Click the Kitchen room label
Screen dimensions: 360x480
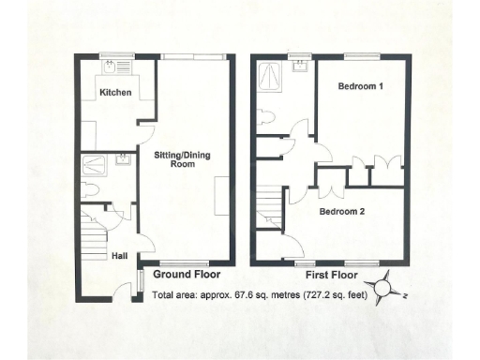coord(116,93)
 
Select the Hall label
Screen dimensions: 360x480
coord(121,254)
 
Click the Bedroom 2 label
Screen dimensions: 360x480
coord(342,211)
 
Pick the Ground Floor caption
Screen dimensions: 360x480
coord(186,275)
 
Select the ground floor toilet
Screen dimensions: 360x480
coord(91,189)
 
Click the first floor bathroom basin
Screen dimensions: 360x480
coord(301,66)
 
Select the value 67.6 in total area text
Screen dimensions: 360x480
coord(241,298)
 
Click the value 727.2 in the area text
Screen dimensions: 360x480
coord(316,298)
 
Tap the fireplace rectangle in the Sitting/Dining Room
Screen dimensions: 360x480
coord(221,195)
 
